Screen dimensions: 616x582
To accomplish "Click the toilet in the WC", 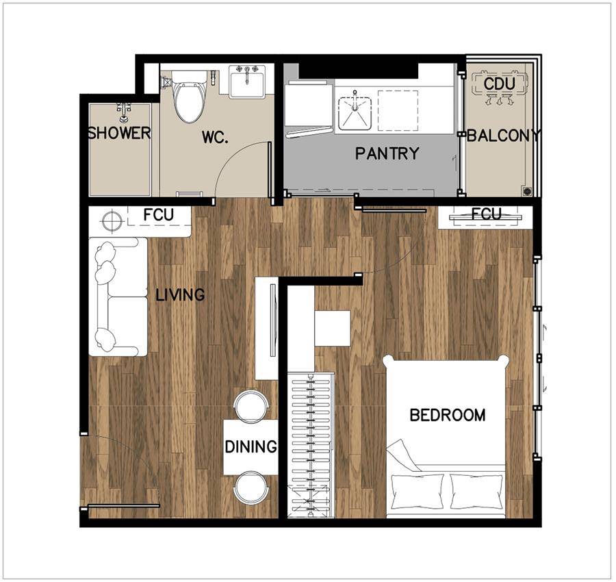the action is (x=190, y=97).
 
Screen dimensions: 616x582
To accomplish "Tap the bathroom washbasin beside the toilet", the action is (x=246, y=81).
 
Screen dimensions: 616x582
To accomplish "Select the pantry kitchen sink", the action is (x=355, y=112).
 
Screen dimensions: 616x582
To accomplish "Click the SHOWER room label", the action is (x=119, y=134).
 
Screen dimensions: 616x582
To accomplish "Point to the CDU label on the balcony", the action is (x=500, y=84).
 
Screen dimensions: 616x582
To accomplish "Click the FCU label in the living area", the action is (x=158, y=215).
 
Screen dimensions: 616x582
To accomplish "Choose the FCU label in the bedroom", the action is (x=487, y=214).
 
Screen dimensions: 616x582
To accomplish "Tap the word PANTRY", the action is (x=387, y=153).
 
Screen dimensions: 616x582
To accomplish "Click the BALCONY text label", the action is (x=504, y=136).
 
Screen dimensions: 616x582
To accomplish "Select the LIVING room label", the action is (x=180, y=294).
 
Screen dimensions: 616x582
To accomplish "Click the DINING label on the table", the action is (x=251, y=447).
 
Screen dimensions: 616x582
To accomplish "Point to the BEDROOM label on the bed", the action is (x=448, y=415).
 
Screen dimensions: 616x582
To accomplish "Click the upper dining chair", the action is (x=251, y=405).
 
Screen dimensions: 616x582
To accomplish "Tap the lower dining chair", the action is (x=251, y=487).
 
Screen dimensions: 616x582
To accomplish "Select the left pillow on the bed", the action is (x=418, y=491).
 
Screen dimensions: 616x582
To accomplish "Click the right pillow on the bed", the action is (x=476, y=491).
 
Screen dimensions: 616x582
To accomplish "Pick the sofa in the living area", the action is (x=118, y=296).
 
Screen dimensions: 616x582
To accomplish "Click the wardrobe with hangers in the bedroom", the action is (x=311, y=445).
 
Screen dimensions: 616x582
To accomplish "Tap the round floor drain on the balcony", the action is (x=526, y=191).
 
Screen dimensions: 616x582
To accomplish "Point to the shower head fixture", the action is (x=124, y=112).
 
